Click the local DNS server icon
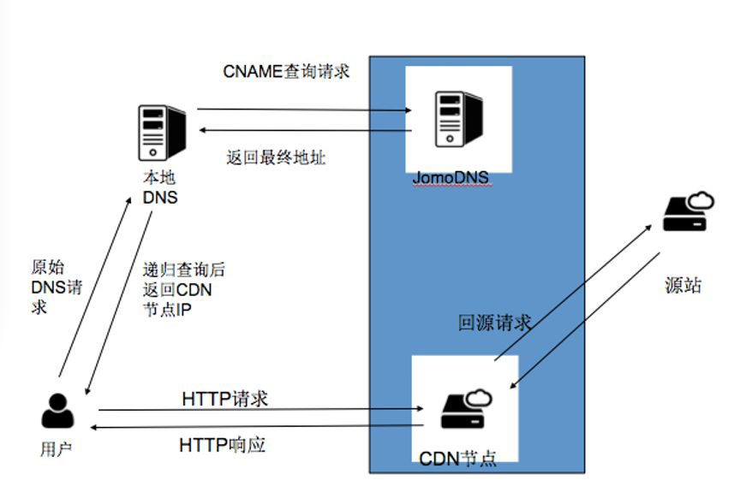coord(161,132)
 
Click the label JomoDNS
coord(451,178)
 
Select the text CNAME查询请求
coord(286,72)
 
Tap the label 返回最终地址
coord(276,158)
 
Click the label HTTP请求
coord(225,399)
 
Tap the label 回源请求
coord(494,323)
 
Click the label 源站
coord(683,286)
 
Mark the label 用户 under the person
coord(57,449)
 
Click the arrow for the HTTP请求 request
coord(257,410)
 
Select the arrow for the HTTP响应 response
coord(257,425)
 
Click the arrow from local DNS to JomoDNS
coord(304,110)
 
